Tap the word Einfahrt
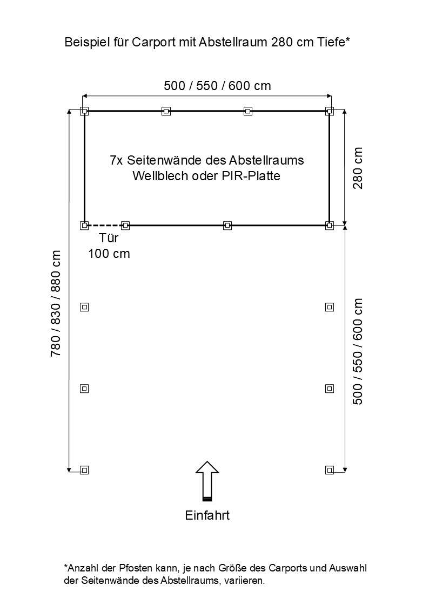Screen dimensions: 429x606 (207, 515)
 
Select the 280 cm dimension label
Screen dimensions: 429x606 (358, 168)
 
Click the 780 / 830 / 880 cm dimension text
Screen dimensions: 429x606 (56, 303)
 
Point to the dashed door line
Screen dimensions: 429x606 (105, 226)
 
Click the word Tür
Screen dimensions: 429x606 (109, 237)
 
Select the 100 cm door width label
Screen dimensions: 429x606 (109, 254)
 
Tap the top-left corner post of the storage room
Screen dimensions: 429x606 (84, 111)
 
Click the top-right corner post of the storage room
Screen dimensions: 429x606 (330, 111)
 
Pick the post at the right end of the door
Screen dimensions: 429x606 (125, 226)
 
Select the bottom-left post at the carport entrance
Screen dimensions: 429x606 (84, 470)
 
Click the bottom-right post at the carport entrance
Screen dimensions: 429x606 (330, 470)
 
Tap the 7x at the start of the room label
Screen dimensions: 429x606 (117, 160)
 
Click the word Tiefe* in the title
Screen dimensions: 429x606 (333, 42)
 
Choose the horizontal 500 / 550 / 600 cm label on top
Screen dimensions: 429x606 (217, 85)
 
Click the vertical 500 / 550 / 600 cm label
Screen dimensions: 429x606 (358, 351)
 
